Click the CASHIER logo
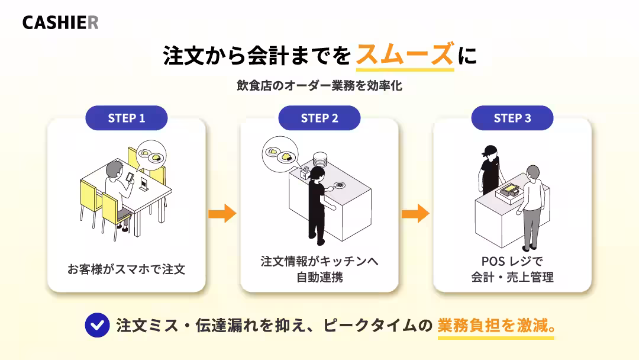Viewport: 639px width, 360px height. tap(60, 22)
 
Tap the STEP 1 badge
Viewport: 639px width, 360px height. tap(127, 118)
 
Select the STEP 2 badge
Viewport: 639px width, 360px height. tap(319, 118)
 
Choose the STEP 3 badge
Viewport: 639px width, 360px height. tap(512, 118)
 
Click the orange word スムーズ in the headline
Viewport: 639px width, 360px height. tap(405, 54)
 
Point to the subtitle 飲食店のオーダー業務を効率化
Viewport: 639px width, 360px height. tap(319, 86)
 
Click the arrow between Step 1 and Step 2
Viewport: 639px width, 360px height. tap(222, 213)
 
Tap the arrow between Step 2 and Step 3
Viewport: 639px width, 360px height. tap(416, 213)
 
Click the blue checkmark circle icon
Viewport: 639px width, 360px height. tap(98, 325)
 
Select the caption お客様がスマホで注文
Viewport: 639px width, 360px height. tap(127, 269)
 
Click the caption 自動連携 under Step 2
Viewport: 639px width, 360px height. tap(319, 277)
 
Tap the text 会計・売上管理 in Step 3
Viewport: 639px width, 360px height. tap(512, 277)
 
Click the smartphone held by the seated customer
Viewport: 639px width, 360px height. tap(130, 178)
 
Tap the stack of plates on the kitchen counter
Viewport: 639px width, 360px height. tap(320, 159)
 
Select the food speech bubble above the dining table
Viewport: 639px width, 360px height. tap(151, 155)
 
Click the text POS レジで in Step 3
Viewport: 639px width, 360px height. tap(512, 261)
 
